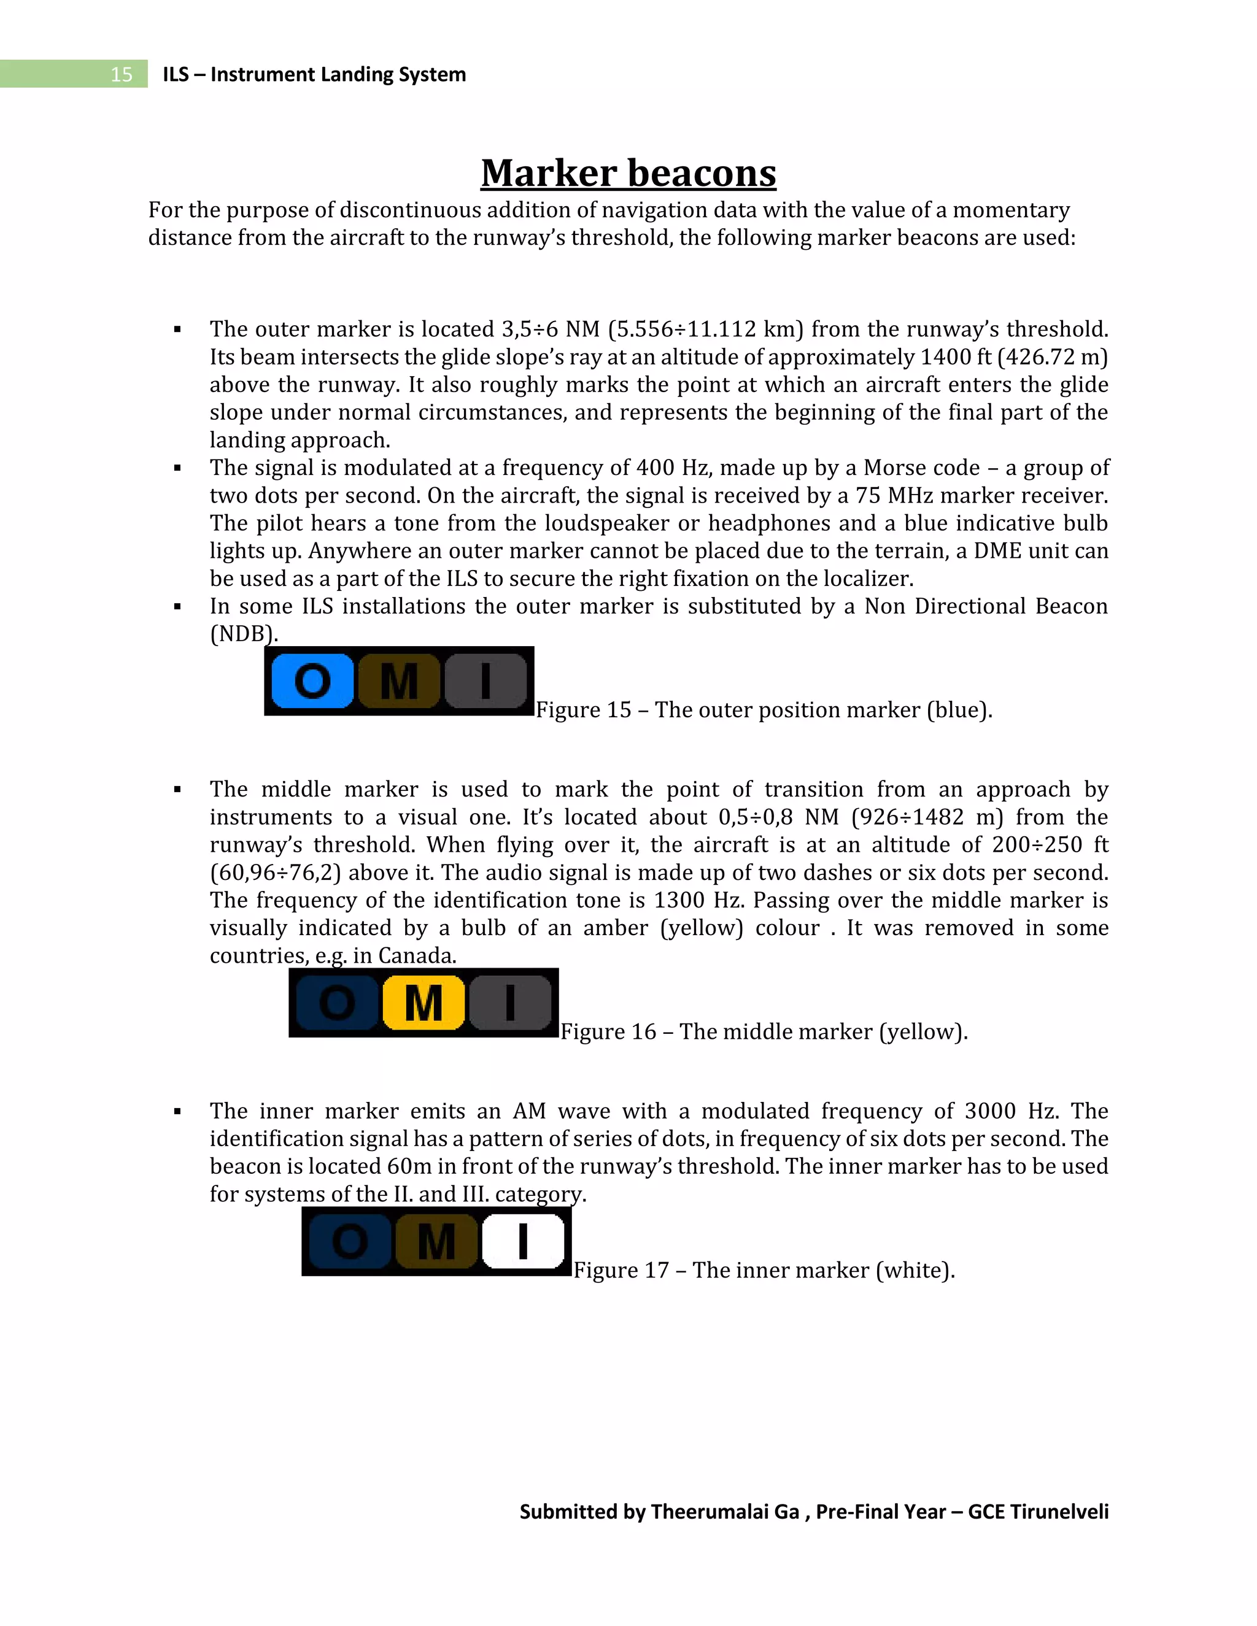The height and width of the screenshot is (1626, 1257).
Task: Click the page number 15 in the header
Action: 121,74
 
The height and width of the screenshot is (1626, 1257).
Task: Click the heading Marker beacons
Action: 628,173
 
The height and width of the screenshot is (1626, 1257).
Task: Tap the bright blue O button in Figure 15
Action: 312,680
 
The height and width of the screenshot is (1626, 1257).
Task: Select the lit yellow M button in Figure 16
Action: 424,1003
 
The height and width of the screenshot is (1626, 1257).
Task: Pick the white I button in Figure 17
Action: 524,1241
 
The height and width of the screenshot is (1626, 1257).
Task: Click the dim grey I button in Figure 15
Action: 485,680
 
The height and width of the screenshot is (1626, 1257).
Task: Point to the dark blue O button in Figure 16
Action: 338,1003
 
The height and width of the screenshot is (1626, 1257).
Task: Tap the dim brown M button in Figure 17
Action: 436,1241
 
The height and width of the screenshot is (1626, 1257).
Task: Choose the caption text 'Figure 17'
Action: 621,1270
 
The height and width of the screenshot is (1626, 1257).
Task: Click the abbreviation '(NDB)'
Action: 244,634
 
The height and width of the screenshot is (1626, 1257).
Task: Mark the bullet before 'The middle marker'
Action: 177,790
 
